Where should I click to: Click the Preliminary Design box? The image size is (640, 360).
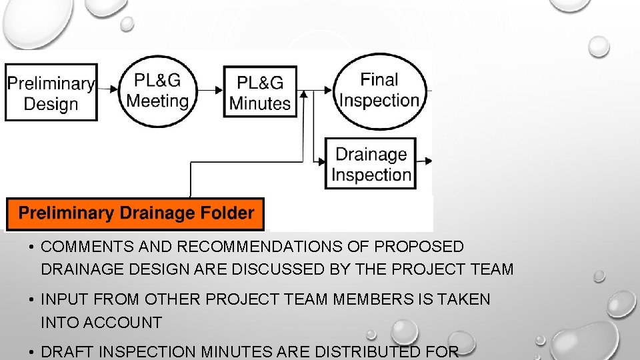tap(51, 93)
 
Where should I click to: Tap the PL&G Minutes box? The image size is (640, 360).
tap(260, 92)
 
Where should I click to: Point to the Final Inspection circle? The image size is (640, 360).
tap(379, 91)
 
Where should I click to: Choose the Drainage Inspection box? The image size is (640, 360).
tap(371, 164)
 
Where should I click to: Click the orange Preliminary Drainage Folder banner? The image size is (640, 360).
tap(135, 214)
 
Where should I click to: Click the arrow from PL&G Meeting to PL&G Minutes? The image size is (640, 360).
tap(211, 89)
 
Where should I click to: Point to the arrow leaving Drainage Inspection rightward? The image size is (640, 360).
tap(425, 161)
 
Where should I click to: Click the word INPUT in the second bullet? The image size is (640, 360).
tap(62, 300)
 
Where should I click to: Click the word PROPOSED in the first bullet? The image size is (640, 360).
tap(419, 247)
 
